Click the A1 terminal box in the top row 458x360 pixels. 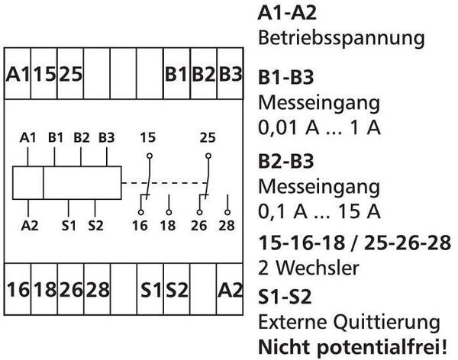tap(18, 75)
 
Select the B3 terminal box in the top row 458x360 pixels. tap(230, 75)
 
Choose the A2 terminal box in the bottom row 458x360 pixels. tap(230, 290)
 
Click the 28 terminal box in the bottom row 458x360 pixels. tap(98, 290)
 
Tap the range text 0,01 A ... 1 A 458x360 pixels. tap(320, 127)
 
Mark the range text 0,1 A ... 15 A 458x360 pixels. tap(320, 211)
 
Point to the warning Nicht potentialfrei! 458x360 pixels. tap(356, 346)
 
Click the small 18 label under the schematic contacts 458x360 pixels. tap(168, 226)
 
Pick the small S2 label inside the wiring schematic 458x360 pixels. tap(95, 226)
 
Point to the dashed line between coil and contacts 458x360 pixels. tap(162, 183)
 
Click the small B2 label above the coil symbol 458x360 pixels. tap(81, 138)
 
